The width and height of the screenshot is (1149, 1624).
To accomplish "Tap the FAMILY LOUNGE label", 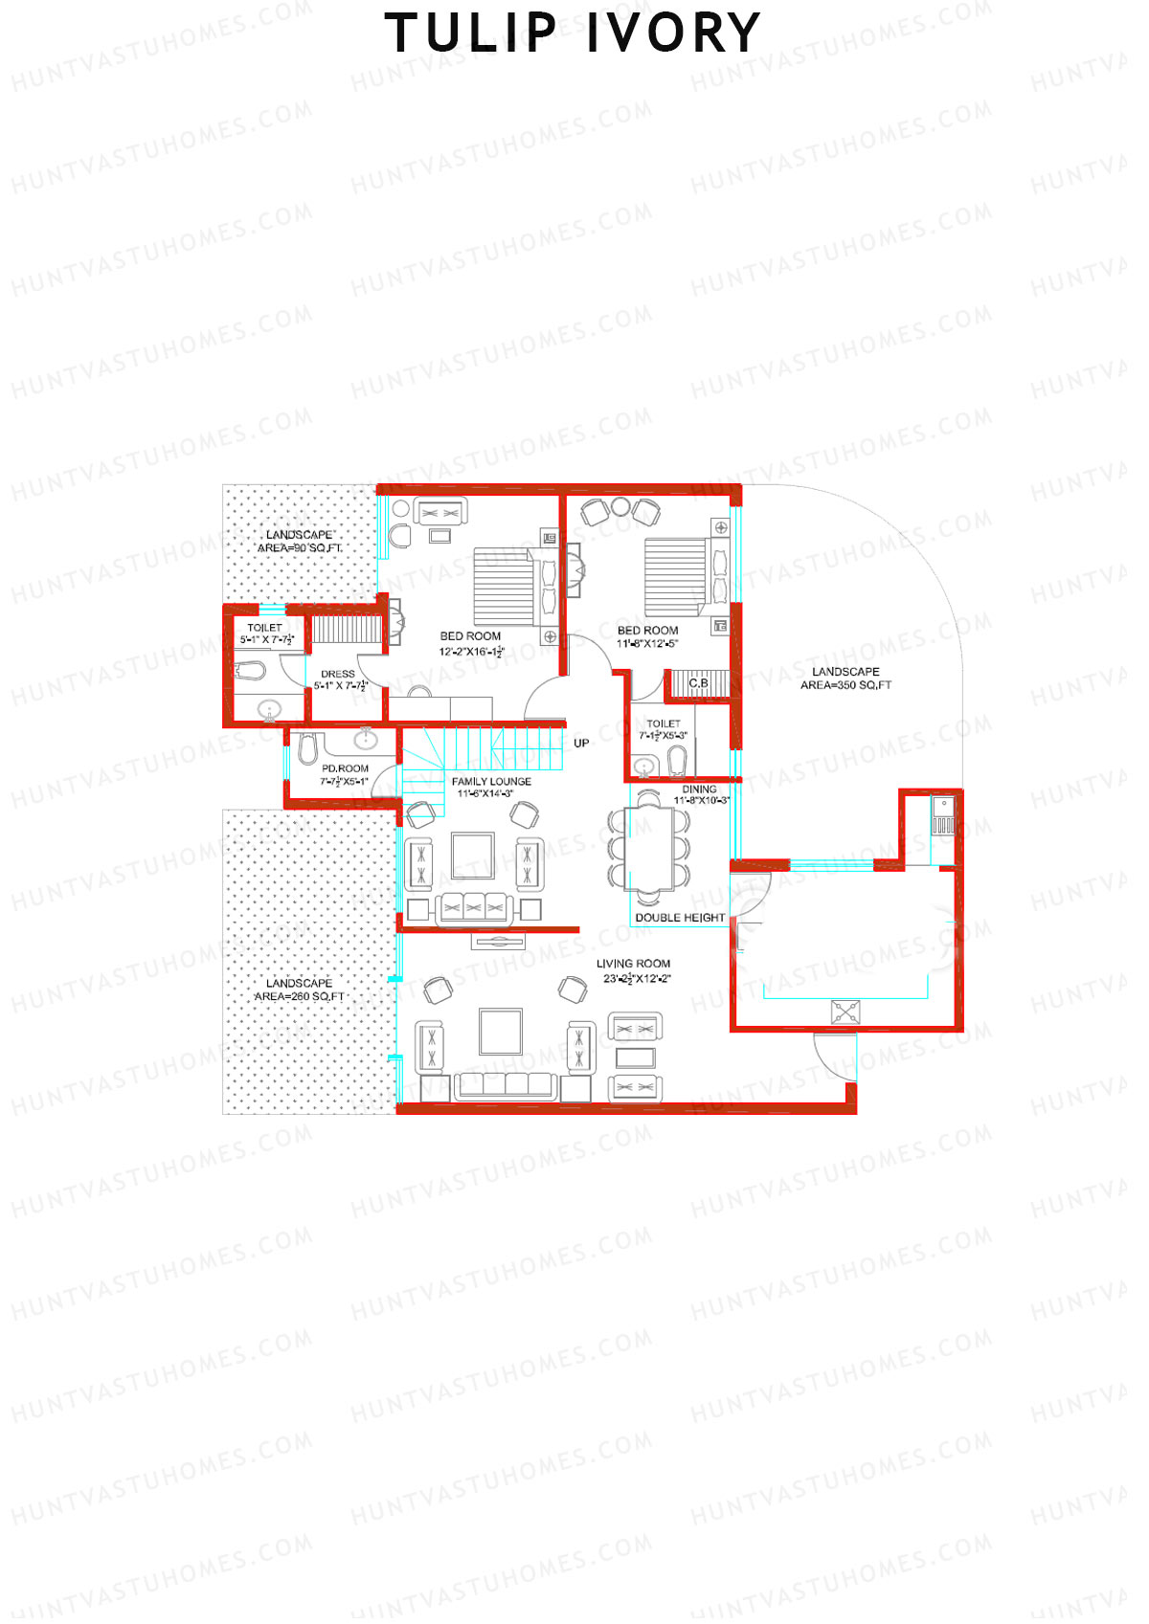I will point(491,787).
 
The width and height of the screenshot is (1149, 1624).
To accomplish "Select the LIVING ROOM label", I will point(633,970).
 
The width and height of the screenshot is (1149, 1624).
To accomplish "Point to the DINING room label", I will point(700,794).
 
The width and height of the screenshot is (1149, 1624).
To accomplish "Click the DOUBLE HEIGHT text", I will point(680,917).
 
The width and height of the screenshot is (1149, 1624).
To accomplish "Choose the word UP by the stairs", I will point(581,743).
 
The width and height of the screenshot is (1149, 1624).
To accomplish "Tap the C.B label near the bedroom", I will point(698,682).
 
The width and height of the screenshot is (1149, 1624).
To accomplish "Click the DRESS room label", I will point(339,679).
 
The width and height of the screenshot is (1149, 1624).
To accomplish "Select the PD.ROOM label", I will point(345,774).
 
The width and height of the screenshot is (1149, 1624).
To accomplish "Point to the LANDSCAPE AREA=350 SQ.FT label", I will point(845,678).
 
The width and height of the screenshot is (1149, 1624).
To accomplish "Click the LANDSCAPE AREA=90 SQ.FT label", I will point(299,542).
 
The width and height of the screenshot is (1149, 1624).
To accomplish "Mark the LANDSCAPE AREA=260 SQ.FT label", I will point(299,990).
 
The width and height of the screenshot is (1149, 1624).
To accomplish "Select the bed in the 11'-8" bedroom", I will point(676,576).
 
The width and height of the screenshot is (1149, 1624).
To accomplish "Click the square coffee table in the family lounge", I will point(472,856).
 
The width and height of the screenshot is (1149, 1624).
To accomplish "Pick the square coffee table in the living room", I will point(501,1032).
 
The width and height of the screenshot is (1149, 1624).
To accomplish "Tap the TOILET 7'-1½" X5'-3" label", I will point(663,729).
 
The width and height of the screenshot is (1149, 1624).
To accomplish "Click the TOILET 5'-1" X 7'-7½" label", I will point(265,634).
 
